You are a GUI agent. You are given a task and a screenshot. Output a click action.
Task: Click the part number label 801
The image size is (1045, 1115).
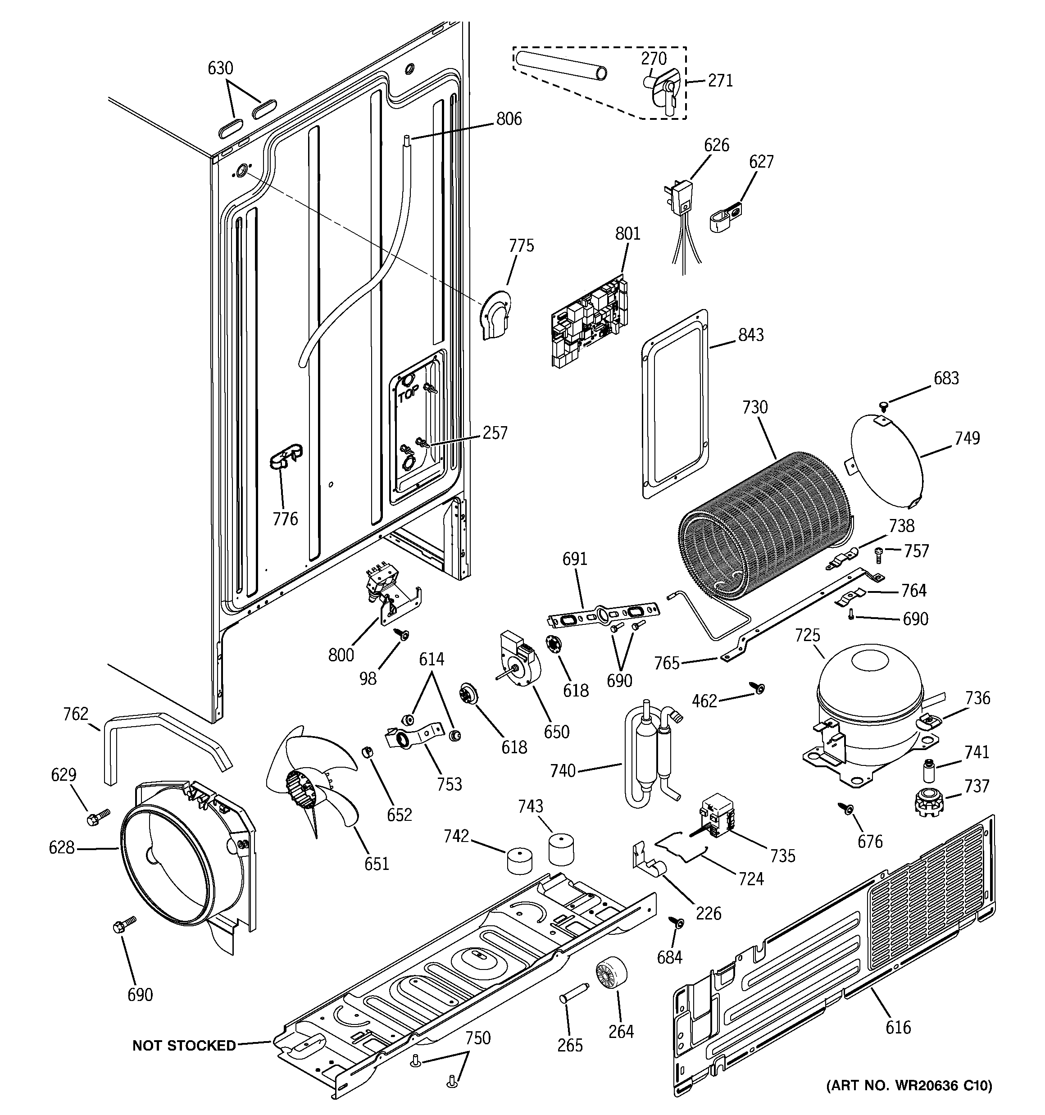pyautogui.click(x=627, y=233)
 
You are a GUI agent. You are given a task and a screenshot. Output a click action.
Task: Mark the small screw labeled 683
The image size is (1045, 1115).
pyautogui.click(x=883, y=404)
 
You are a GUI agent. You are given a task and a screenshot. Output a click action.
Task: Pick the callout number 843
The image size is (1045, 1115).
pyautogui.click(x=750, y=335)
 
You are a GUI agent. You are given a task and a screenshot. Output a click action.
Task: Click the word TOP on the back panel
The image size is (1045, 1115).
pyautogui.click(x=409, y=396)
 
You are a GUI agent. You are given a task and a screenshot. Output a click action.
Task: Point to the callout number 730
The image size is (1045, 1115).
pyautogui.click(x=754, y=407)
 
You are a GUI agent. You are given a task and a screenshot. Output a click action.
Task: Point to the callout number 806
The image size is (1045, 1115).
pyautogui.click(x=508, y=119)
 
